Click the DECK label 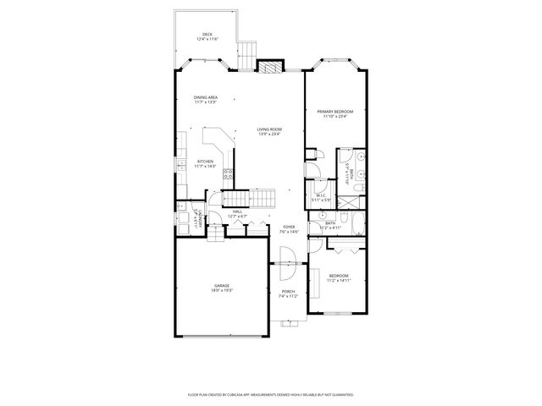[207, 34]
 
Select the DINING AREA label [206, 97]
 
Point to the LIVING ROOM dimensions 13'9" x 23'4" [269, 134]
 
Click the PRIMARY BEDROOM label [335, 112]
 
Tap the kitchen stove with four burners [228, 175]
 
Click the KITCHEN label [206, 162]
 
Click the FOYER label [289, 227]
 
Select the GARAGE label [222, 287]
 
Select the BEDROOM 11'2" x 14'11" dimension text [339, 281]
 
